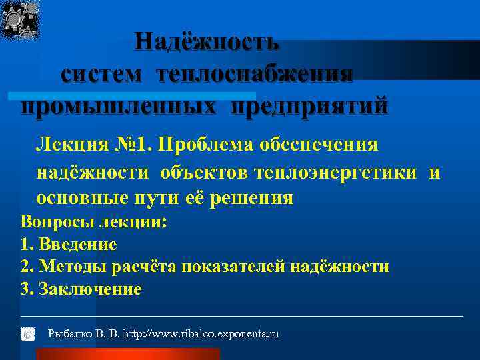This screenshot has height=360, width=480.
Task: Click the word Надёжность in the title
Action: (207, 41)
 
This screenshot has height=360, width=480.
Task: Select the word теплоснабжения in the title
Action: (255, 74)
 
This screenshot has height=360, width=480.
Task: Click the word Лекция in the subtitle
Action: (66, 145)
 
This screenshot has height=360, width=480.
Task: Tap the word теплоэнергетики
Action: (336, 172)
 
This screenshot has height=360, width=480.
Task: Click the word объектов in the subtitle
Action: (203, 172)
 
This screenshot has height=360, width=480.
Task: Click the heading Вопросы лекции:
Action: (93, 222)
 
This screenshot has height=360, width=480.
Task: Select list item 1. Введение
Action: (69, 245)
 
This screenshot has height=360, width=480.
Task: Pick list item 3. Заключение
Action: (81, 289)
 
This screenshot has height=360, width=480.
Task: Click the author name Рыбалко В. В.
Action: (84, 333)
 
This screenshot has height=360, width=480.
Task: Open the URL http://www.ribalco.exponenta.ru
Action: (201, 333)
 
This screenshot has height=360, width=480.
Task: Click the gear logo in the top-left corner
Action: (20, 19)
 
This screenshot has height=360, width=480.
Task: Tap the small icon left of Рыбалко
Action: (27, 333)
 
